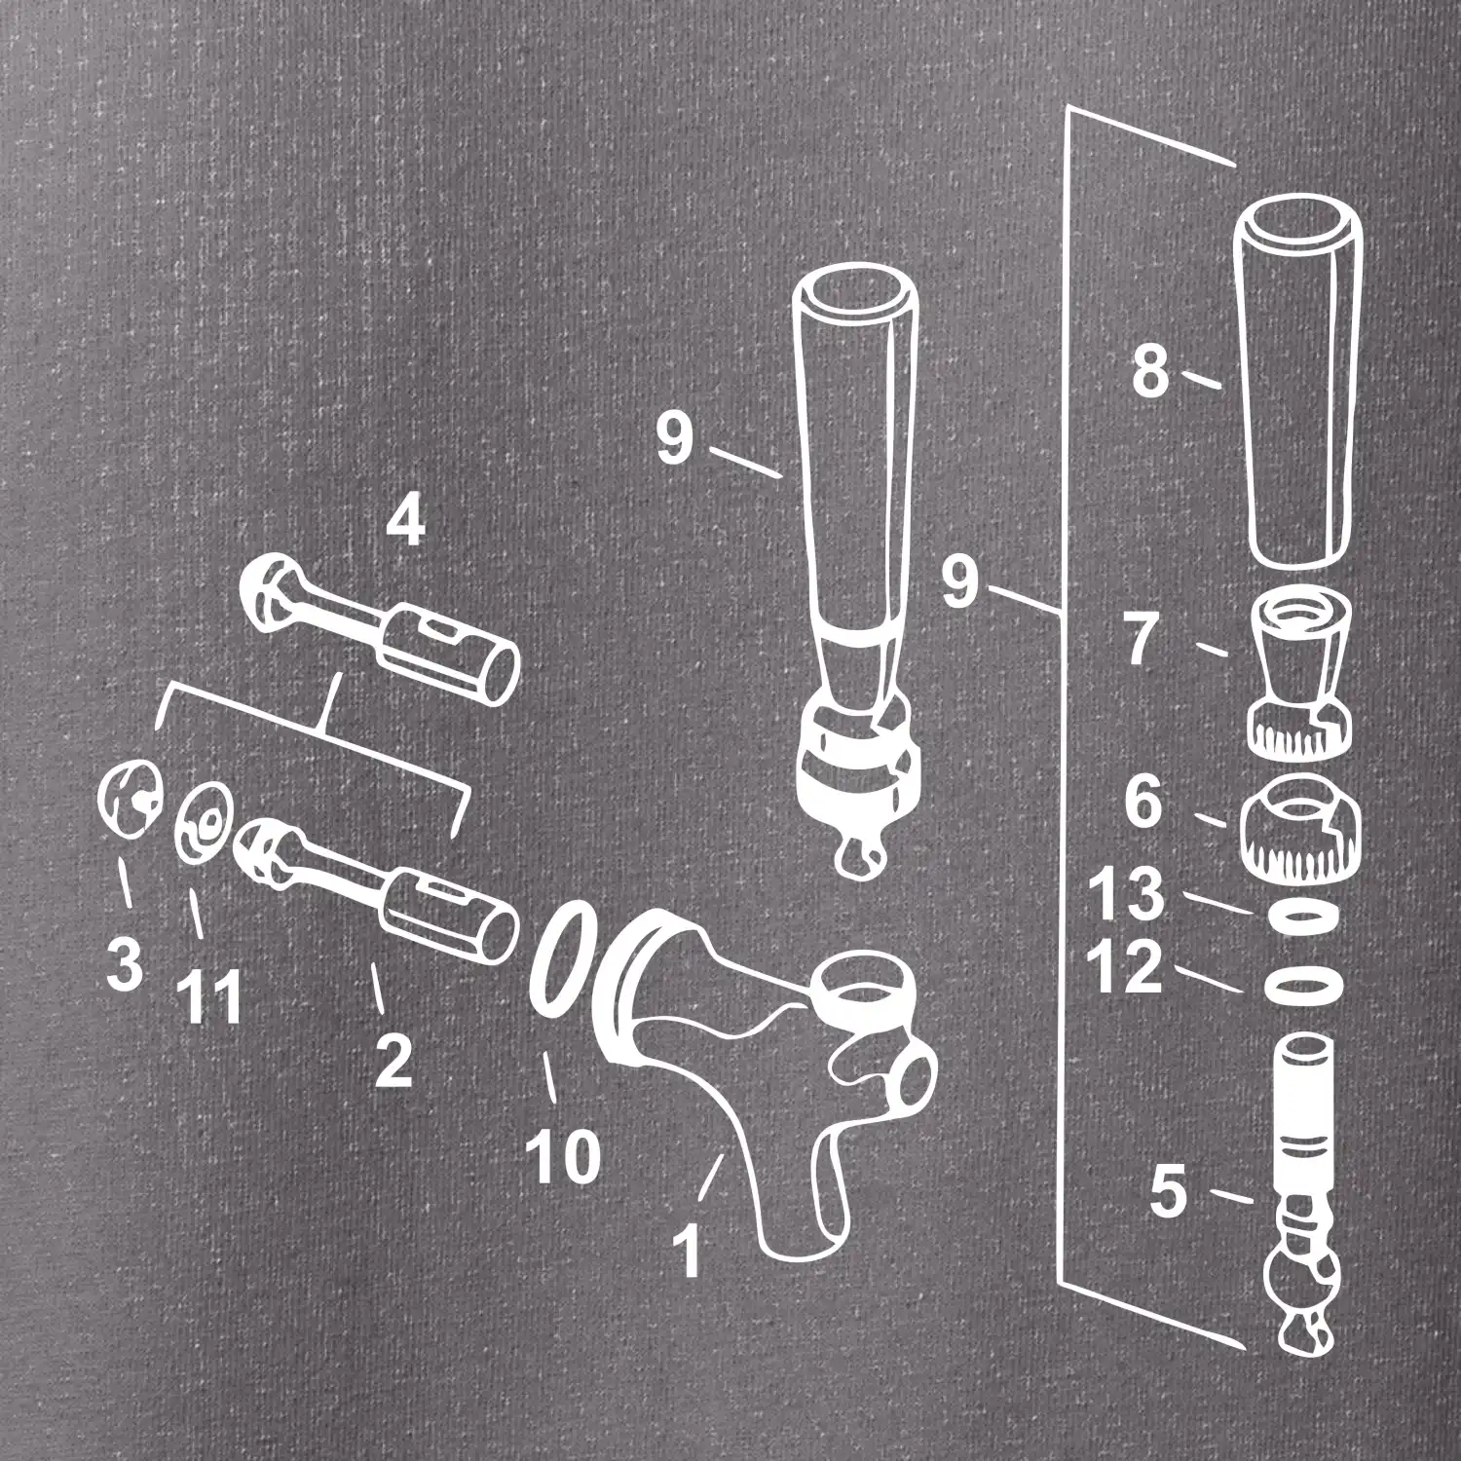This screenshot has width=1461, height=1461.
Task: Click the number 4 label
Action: point(405,524)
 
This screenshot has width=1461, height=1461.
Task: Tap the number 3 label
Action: point(125,963)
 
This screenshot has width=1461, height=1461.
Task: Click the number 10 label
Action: point(563,1155)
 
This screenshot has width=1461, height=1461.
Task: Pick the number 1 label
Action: point(688,1252)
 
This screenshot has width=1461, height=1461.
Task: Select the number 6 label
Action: point(1144,803)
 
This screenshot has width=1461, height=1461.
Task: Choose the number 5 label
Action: point(1170,1195)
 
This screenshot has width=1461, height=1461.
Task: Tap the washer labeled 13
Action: point(1303,917)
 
